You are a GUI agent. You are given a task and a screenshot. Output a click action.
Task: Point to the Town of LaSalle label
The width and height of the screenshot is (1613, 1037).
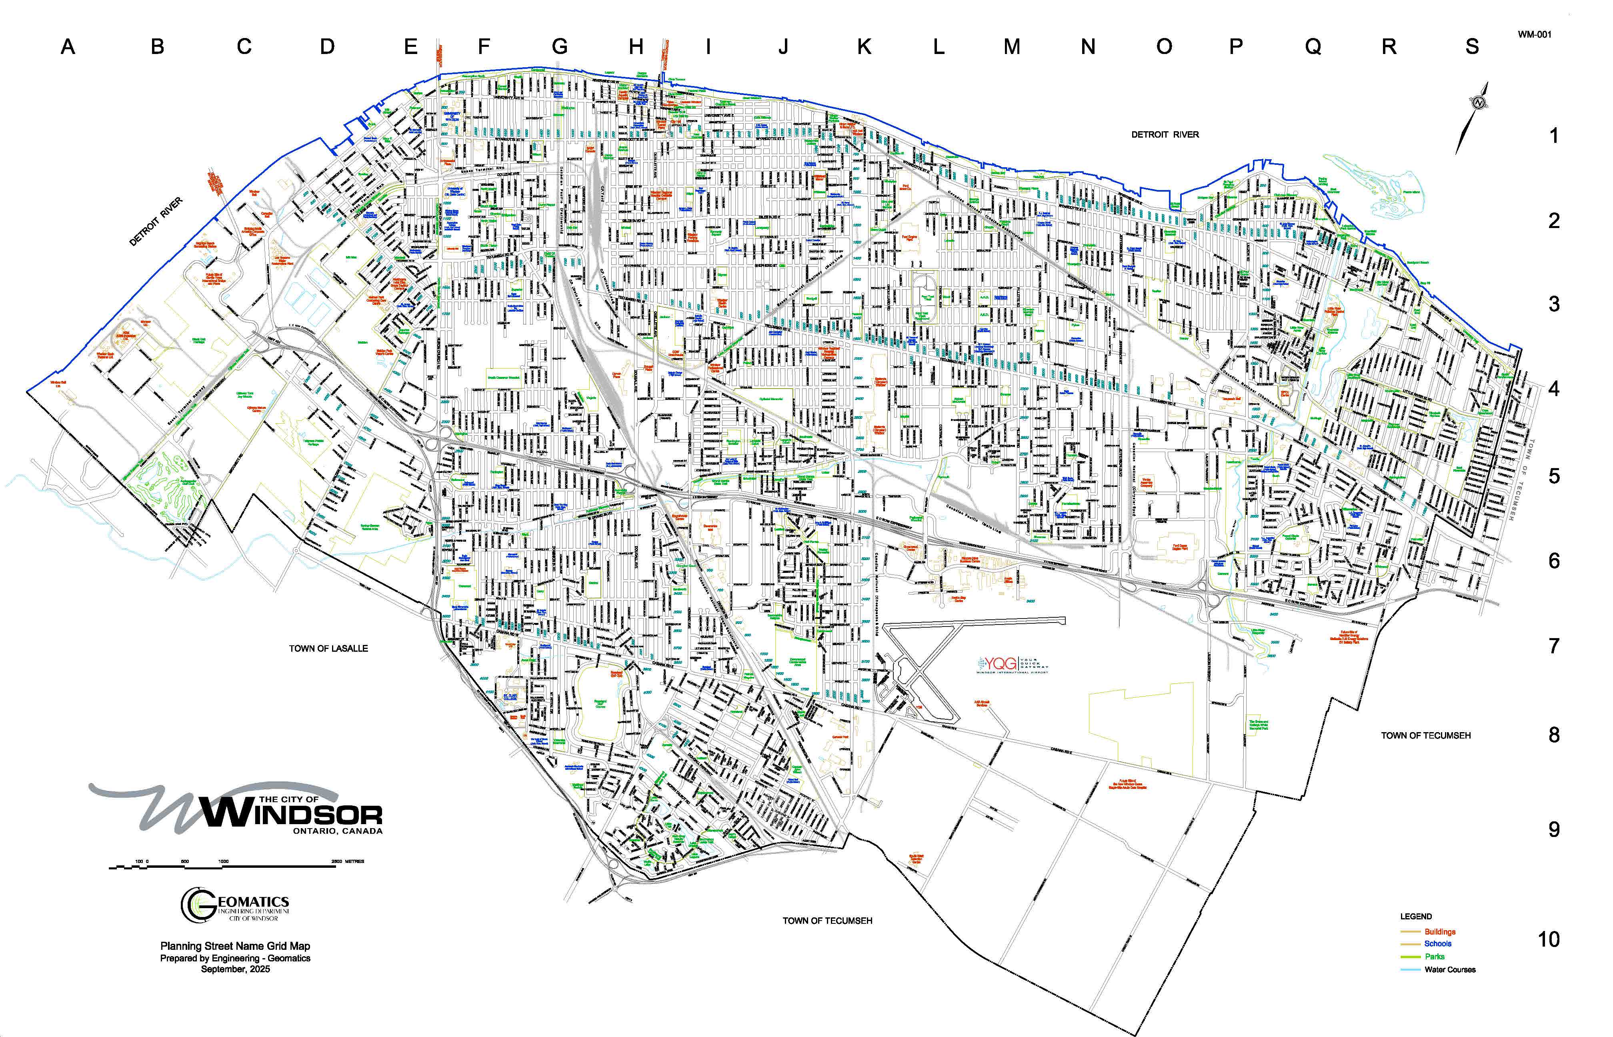click(328, 649)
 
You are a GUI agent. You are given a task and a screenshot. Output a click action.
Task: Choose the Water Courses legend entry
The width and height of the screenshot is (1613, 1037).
click(1449, 970)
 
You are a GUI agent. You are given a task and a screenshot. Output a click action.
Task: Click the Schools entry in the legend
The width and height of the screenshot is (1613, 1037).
click(1437, 944)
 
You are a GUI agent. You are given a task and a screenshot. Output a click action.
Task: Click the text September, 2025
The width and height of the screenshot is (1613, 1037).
click(235, 969)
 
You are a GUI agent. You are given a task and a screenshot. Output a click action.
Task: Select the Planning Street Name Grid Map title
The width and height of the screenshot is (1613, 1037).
click(235, 946)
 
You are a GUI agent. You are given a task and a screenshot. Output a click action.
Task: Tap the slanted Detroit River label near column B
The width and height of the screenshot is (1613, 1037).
click(156, 222)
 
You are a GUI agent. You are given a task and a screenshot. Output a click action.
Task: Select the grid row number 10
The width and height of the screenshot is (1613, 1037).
click(1548, 939)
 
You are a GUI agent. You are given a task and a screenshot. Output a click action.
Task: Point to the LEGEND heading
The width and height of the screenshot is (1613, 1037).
click(1416, 917)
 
